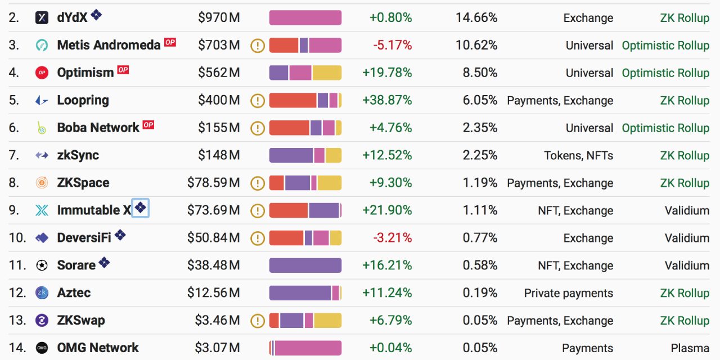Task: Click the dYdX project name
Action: pos(72,17)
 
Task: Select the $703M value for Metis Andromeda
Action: pos(219,45)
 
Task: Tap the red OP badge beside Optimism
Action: pos(123,70)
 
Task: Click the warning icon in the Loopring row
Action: pos(257,101)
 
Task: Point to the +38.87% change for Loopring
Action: pos(387,100)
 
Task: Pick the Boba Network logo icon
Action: pos(42,128)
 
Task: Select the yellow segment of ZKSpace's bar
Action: pos(330,183)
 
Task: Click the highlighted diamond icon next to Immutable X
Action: pos(140,208)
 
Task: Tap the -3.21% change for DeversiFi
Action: pos(392,238)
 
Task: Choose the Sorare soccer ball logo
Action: pos(42,265)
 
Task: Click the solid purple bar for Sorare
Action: pos(305,265)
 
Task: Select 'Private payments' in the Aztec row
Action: pos(568,293)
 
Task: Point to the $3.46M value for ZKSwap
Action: pos(217,321)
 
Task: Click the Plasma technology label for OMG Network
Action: pos(690,348)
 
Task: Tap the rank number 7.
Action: pos(13,155)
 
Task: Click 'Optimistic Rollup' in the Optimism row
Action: pos(665,73)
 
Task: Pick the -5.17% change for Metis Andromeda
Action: pos(392,45)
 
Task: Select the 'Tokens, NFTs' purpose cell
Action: pos(578,155)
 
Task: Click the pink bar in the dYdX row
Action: pos(305,17)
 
